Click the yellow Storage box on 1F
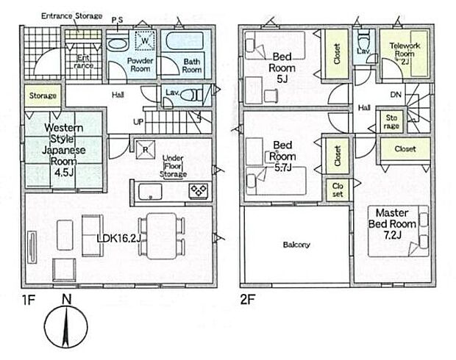tap(42, 96)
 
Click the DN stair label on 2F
tap(395, 95)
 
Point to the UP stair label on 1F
tap(137, 120)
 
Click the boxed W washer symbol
tap(145, 40)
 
